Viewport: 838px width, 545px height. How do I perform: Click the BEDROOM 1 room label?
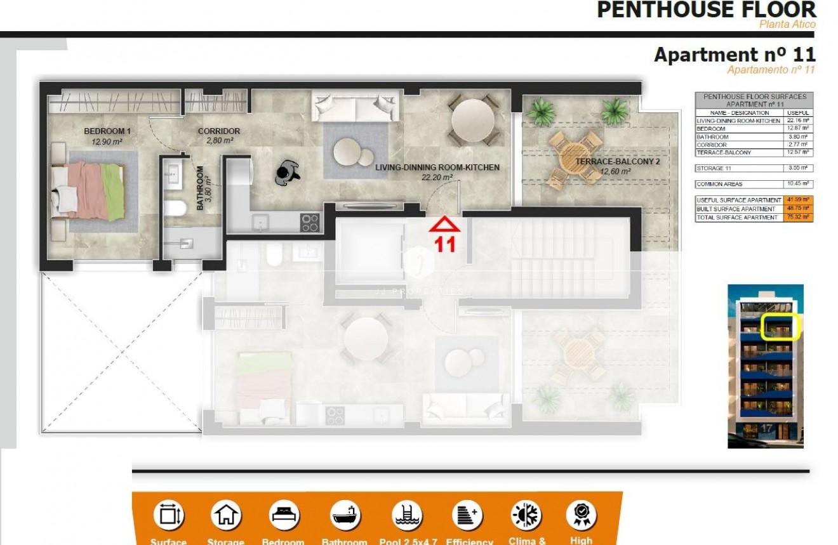coord(107,131)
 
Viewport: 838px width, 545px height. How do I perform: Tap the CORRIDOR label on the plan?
coord(219,131)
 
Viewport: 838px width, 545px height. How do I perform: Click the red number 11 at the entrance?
coord(445,245)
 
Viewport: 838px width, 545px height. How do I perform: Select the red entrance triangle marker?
coord(445,225)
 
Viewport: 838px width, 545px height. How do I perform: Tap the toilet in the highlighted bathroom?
coord(175,208)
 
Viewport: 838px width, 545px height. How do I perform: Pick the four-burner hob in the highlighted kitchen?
coord(310,222)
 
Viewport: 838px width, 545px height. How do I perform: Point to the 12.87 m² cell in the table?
coord(797,128)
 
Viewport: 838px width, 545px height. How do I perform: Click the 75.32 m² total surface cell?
coord(797,218)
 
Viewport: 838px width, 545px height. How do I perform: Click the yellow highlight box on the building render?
coord(780,327)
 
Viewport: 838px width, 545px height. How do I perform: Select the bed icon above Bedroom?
coord(283,515)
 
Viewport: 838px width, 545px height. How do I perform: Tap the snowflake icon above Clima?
coord(526,515)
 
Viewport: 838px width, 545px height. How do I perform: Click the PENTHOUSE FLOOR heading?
coord(706,10)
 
